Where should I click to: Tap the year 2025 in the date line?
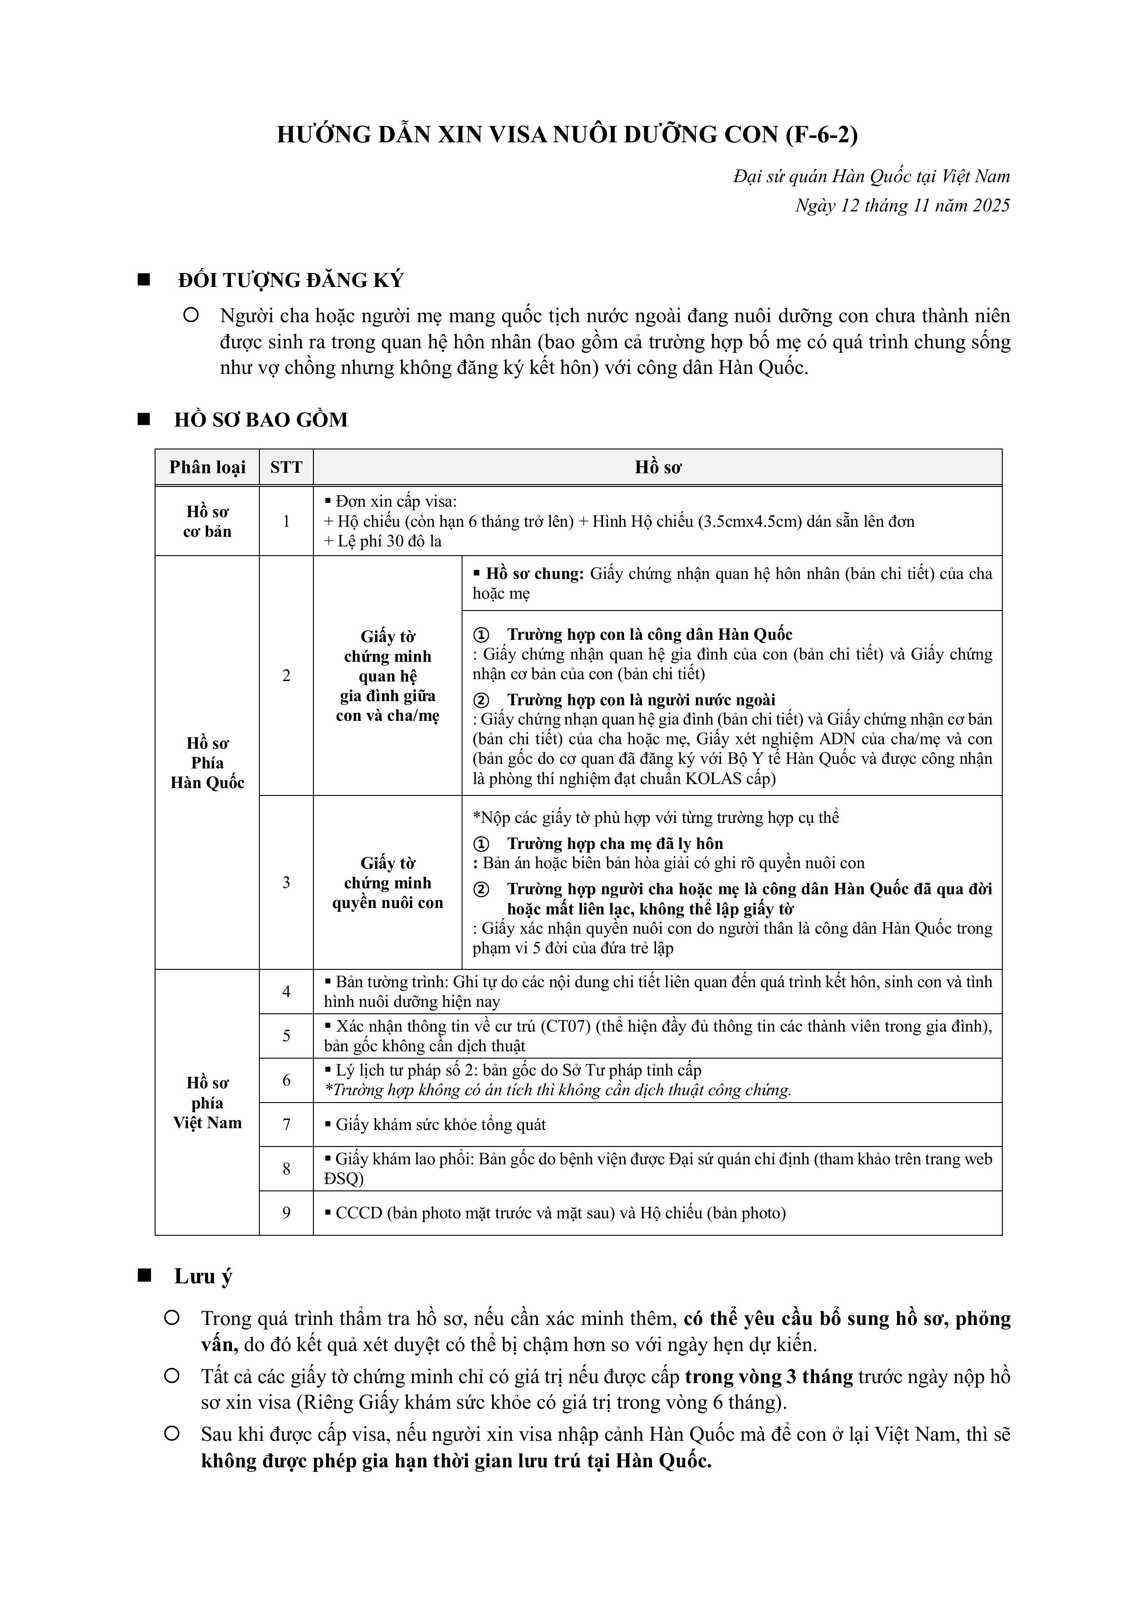990,205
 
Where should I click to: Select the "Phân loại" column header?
207,467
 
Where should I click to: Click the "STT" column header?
286,467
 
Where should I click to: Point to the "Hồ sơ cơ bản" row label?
207,521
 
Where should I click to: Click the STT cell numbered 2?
286,676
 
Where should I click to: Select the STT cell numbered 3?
286,882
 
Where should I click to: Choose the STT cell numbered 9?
286,1212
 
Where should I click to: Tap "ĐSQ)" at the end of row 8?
344,1179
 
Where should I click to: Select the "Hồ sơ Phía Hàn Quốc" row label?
207,763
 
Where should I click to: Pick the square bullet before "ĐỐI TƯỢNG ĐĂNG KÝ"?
145,280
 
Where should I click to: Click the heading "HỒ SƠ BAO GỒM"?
261,420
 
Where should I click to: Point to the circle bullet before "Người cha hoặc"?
190,315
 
